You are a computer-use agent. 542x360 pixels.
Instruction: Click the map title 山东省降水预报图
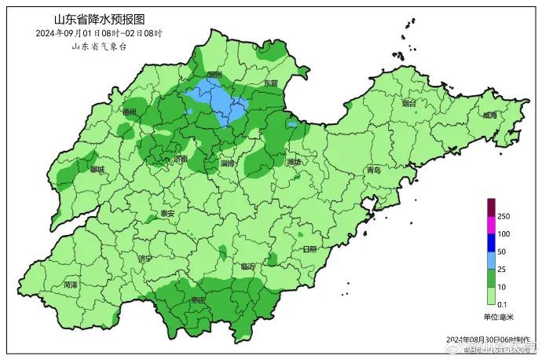[x=99, y=19]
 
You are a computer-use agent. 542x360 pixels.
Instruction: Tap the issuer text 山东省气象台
[x=99, y=46]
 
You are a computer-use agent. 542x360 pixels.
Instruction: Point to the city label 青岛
[x=373, y=170]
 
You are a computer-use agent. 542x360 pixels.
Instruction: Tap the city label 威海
[x=490, y=115]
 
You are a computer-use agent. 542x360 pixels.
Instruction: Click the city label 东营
[x=270, y=83]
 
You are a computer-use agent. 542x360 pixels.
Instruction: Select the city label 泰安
[x=167, y=213]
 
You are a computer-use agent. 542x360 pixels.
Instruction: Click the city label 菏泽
[x=71, y=284]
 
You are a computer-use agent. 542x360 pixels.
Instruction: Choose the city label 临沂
[x=248, y=266]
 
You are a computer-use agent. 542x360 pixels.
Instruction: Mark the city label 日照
[x=309, y=248]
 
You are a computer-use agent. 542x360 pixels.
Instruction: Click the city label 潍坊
[x=294, y=163]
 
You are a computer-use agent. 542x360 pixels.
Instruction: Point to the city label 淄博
[x=229, y=163]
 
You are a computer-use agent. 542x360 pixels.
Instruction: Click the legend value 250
[x=504, y=216]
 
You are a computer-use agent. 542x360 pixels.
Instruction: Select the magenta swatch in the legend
[x=491, y=225]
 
